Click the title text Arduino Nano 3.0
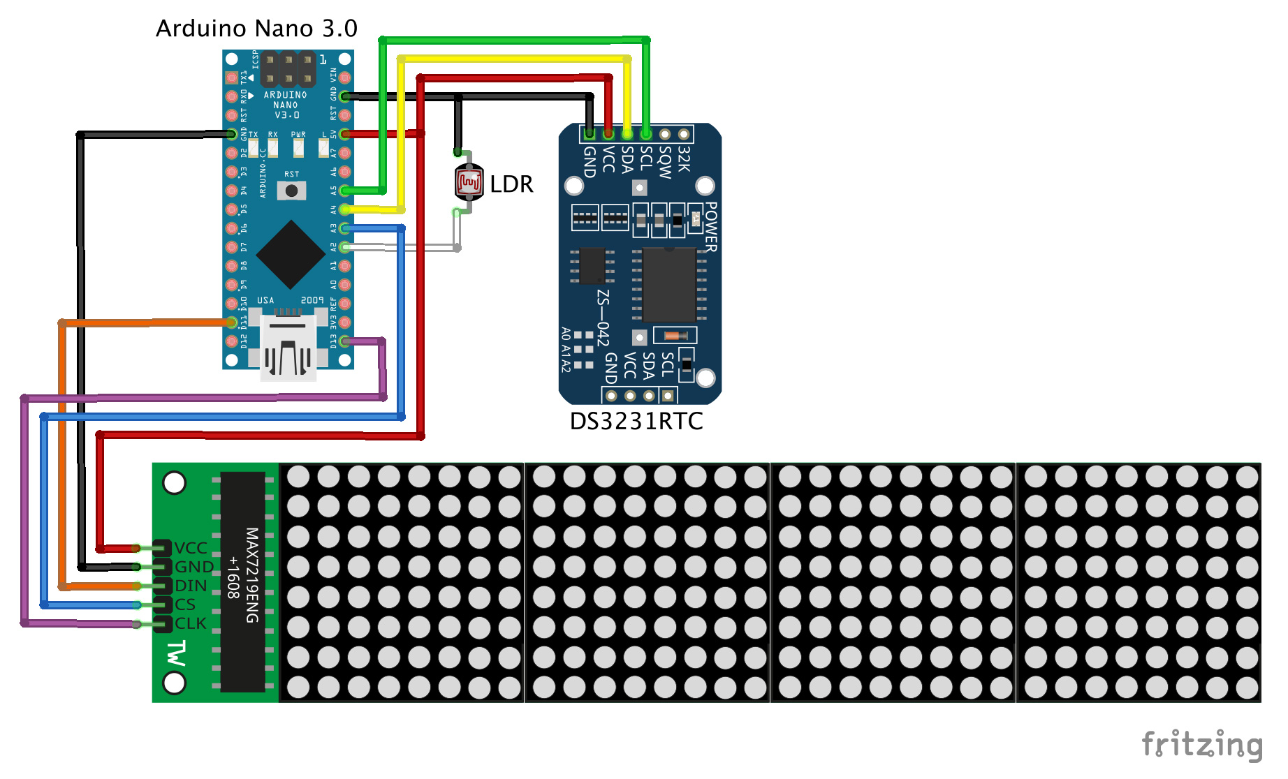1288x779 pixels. point(256,29)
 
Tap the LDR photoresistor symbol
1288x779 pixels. point(469,183)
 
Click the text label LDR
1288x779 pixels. point(511,184)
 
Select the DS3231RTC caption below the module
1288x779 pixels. point(636,421)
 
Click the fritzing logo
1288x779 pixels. point(1201,744)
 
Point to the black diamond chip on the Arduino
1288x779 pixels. point(291,255)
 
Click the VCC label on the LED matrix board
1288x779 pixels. point(191,548)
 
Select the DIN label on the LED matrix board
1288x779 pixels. point(191,586)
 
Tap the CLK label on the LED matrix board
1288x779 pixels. point(191,623)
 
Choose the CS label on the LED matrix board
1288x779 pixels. point(185,604)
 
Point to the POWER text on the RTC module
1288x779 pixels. point(711,227)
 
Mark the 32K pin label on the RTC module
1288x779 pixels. point(684,159)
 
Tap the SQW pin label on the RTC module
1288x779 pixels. point(665,162)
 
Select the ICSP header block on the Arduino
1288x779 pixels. point(288,69)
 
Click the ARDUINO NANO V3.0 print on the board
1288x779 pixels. point(286,105)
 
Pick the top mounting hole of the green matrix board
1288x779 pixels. point(174,482)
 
